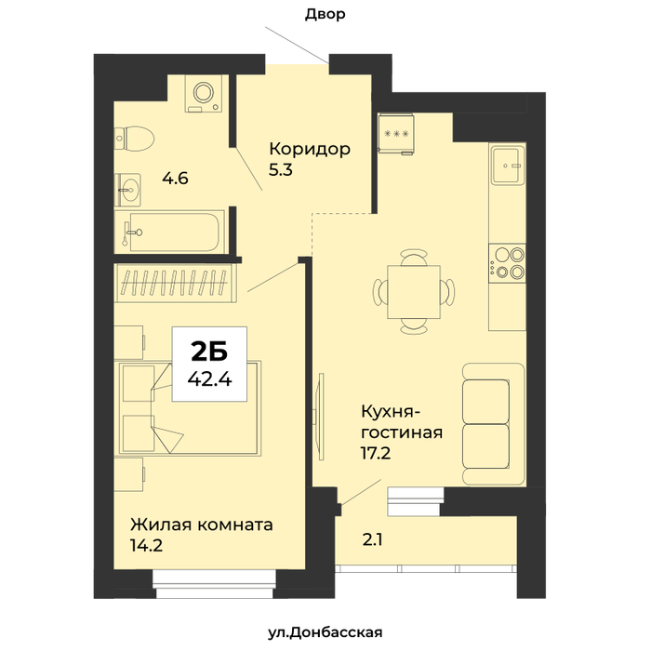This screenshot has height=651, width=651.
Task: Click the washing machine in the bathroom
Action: coord(204,94)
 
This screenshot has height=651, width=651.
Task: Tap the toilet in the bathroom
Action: coord(134,139)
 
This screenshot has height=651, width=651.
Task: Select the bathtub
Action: coord(170,232)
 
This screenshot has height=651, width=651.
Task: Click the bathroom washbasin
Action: coord(128,190)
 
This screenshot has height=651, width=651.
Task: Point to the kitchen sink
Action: coord(507,166)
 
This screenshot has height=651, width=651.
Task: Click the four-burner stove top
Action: coord(507,263)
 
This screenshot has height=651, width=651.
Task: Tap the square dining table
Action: coord(414,292)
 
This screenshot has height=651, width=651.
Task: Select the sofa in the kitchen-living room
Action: coord(493,424)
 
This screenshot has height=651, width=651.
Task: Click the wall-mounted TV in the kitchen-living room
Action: coord(320,417)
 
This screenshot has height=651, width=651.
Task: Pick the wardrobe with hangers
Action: coord(175,283)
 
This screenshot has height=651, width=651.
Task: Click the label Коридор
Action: coord(310,149)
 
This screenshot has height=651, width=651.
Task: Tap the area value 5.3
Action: coord(281,170)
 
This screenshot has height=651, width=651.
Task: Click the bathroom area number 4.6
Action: coord(175,179)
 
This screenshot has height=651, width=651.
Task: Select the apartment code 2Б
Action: coord(209,352)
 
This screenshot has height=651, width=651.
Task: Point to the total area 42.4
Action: coord(209,379)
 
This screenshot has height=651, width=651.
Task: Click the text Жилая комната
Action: coord(202,525)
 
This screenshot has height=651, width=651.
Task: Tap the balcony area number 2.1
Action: coord(372,539)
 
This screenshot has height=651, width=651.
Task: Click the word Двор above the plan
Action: coord(325,14)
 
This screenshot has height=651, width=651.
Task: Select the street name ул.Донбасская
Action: coord(325,632)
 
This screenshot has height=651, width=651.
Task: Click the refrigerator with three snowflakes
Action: coord(396,134)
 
